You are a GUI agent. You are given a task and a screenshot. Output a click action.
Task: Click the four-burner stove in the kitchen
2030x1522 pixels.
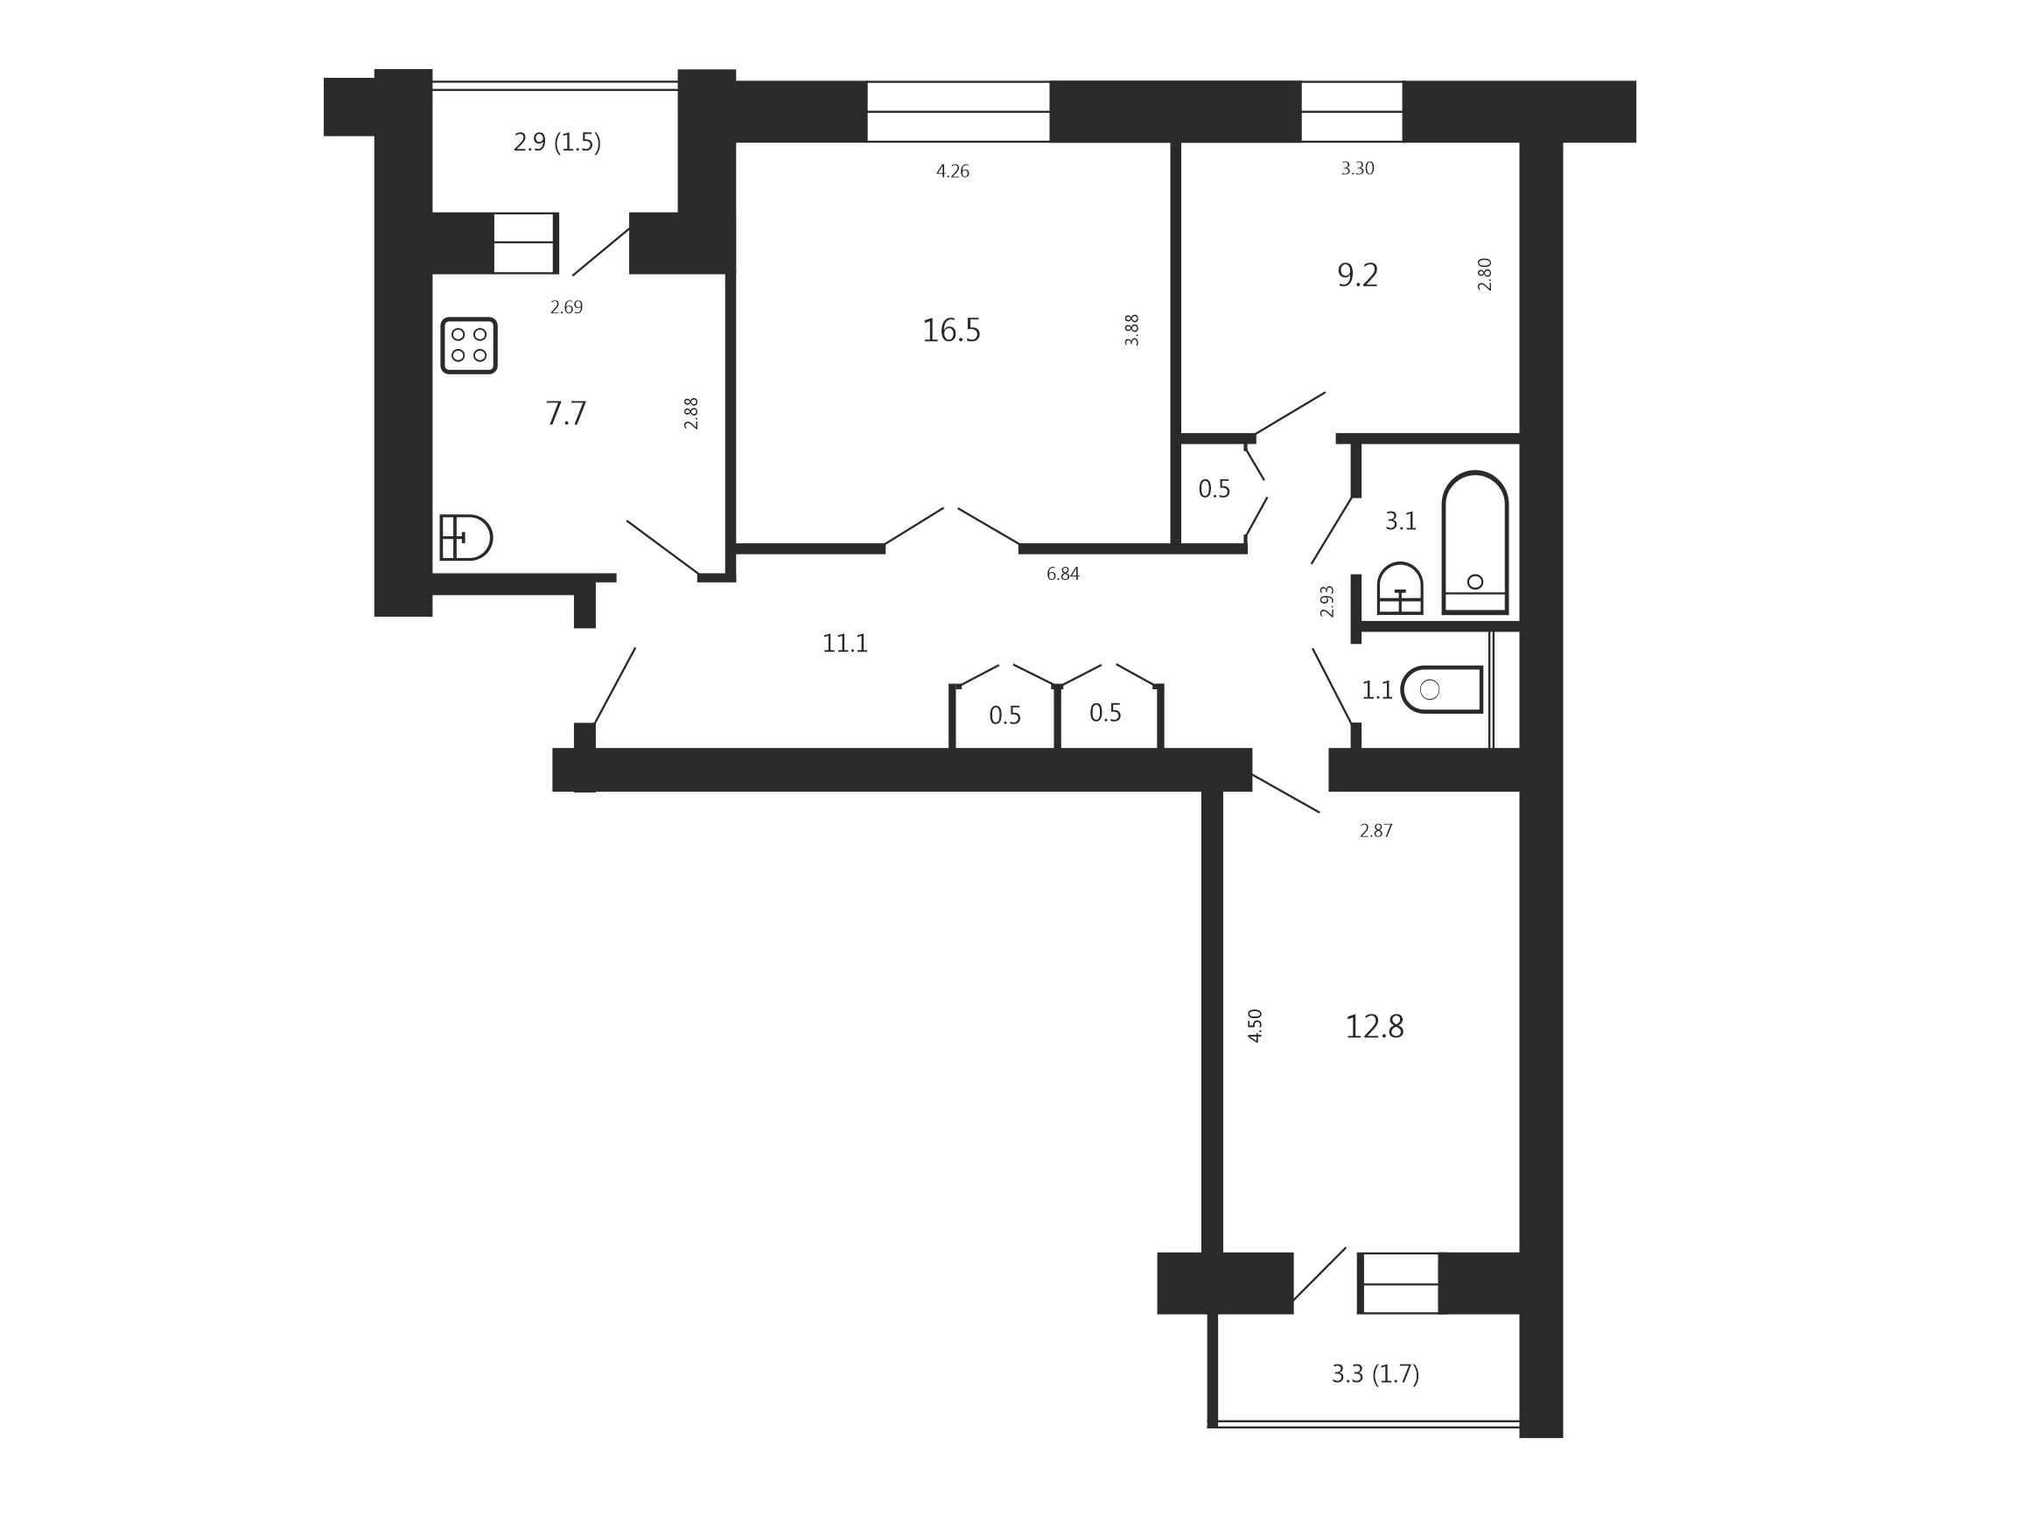pos(469,346)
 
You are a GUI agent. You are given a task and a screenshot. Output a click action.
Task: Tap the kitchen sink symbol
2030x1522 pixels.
pos(466,538)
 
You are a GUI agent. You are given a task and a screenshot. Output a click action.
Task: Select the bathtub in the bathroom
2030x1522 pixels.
pos(1474,542)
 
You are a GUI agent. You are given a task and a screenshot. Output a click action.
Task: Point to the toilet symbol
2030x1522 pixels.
pos(1442,689)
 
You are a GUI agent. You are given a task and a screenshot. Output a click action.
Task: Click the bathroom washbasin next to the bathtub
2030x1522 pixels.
pos(1401,588)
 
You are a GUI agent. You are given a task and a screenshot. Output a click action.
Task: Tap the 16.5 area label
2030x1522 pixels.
pos(952,331)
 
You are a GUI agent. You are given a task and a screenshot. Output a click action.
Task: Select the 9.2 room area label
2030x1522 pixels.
pos(1357,276)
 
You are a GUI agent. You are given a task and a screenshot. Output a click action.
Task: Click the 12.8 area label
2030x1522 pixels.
pos(1374,1027)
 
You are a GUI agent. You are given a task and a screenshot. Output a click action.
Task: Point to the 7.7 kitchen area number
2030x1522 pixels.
pos(566,414)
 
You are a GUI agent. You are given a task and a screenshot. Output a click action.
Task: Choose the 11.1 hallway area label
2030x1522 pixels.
pos(845,644)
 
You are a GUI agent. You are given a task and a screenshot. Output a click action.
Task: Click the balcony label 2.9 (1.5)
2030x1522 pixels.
pos(557,143)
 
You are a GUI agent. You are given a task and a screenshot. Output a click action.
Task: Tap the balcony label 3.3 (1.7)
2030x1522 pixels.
pos(1375,1373)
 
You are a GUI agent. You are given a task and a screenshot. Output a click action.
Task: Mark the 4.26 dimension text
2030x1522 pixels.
pos(953,171)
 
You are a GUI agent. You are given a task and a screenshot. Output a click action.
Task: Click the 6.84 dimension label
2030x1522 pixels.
pos(1063,575)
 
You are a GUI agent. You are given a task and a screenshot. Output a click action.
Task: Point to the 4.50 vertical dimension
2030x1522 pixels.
pos(1256,1026)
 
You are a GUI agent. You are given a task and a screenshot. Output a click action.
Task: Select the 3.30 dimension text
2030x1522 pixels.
pos(1357,169)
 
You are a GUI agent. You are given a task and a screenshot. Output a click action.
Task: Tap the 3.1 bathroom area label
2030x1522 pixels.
pos(1401,521)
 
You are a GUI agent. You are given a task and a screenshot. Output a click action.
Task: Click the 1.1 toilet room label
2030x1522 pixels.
pos(1376,690)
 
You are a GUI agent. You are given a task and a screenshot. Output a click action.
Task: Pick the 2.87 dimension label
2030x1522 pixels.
pos(1375,831)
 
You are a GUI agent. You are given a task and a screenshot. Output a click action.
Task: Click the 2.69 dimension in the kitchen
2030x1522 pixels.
pos(566,307)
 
